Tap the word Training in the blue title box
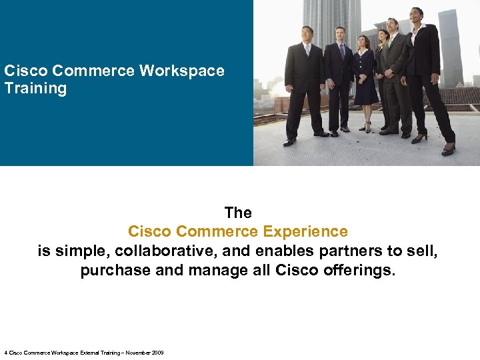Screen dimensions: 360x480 click(35, 88)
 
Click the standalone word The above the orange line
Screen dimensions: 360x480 click(238, 213)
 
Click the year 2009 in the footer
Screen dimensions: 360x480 click(157, 353)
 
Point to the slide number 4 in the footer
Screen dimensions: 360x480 click(5, 353)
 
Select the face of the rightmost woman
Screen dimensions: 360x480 click(417, 14)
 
